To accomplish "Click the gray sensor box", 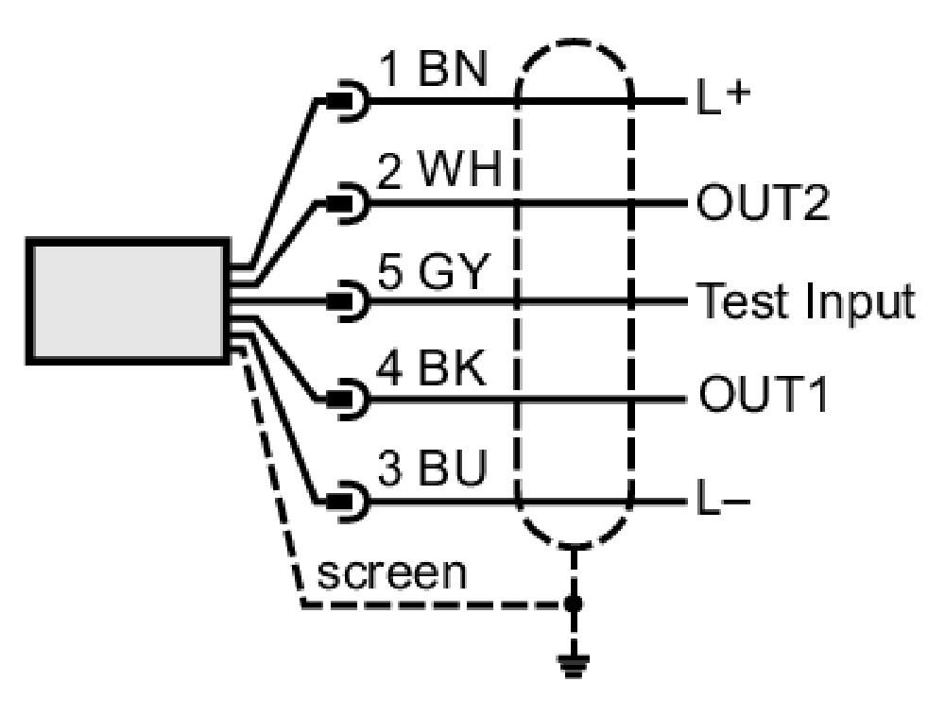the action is pyautogui.click(x=128, y=301).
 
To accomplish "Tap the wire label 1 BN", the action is pyautogui.click(x=433, y=69).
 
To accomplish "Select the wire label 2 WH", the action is pyautogui.click(x=439, y=169).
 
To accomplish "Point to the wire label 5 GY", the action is pyautogui.click(x=431, y=271).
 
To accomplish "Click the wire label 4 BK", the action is pyautogui.click(x=431, y=368).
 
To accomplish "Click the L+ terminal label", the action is pyautogui.click(x=723, y=99).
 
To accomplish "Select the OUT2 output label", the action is pyautogui.click(x=763, y=203).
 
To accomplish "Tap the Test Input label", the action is pyautogui.click(x=806, y=300).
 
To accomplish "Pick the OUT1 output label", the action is pyautogui.click(x=763, y=394).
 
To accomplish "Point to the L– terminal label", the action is pyautogui.click(x=723, y=500).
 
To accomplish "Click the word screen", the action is pyautogui.click(x=392, y=573).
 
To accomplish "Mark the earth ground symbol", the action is pyautogui.click(x=574, y=667).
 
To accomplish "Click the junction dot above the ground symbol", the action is pyautogui.click(x=574, y=603).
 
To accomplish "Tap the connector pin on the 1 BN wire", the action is pyautogui.click(x=347, y=101).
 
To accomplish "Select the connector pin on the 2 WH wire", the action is pyautogui.click(x=347, y=203).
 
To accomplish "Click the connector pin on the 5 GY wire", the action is pyautogui.click(x=347, y=300).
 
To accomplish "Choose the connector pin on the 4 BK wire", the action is pyautogui.click(x=347, y=399).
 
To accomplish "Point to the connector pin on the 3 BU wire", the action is pyautogui.click(x=347, y=501).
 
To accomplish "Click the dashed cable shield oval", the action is pyautogui.click(x=517, y=295).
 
